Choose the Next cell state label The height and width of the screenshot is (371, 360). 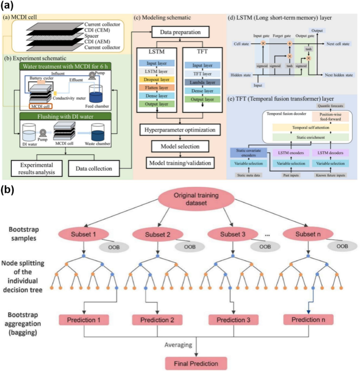click(338, 43)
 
